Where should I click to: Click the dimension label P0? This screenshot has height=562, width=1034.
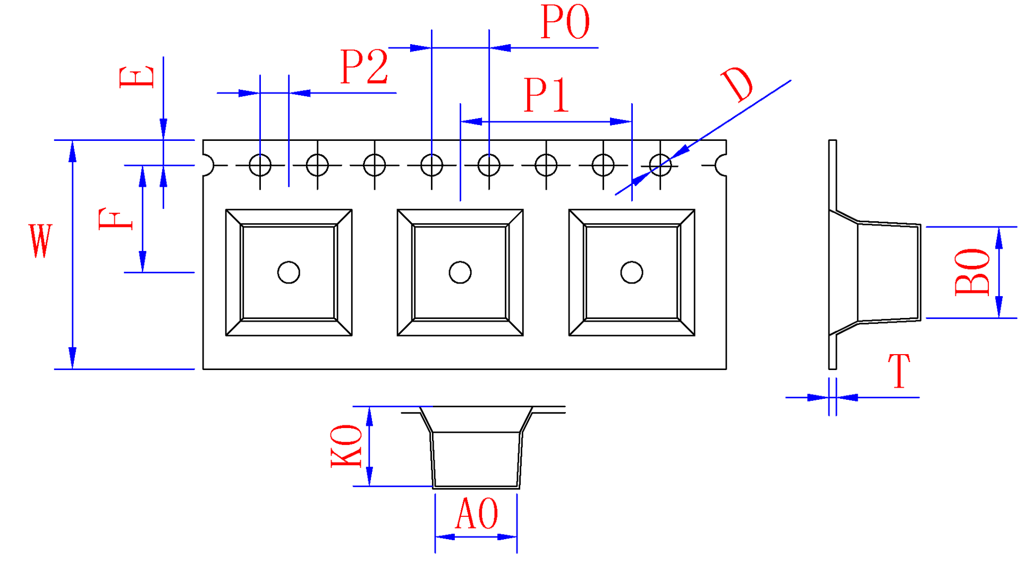565,22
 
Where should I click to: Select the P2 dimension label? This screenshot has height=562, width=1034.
365,66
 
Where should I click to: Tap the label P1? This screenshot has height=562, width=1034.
546,95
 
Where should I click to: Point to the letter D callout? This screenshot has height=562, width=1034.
738,84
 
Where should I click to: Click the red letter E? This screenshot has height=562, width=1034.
137,77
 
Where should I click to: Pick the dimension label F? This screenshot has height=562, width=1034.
115,219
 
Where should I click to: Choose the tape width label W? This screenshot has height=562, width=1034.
40,241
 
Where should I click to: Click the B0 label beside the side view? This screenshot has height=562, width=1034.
972,272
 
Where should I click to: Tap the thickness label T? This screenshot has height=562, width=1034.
899,371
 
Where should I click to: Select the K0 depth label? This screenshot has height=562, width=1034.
346,446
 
